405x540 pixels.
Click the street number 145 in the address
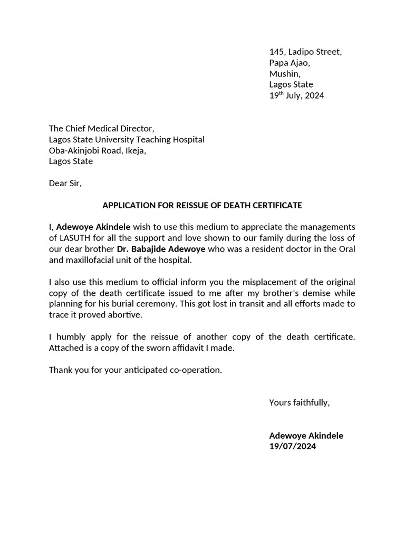pos(276,52)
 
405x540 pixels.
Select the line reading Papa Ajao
pos(290,63)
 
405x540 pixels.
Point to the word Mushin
pos(284,73)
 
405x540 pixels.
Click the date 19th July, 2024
pos(296,95)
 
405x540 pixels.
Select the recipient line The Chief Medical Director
pos(102,129)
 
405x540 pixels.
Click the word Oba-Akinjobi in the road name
pos(73,150)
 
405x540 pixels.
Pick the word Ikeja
pos(133,150)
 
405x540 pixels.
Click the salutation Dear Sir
pos(65,184)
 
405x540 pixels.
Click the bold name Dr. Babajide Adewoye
pos(161,249)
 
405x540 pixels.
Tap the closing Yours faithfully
pos(299,403)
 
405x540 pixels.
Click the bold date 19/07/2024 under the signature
pos(293,447)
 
